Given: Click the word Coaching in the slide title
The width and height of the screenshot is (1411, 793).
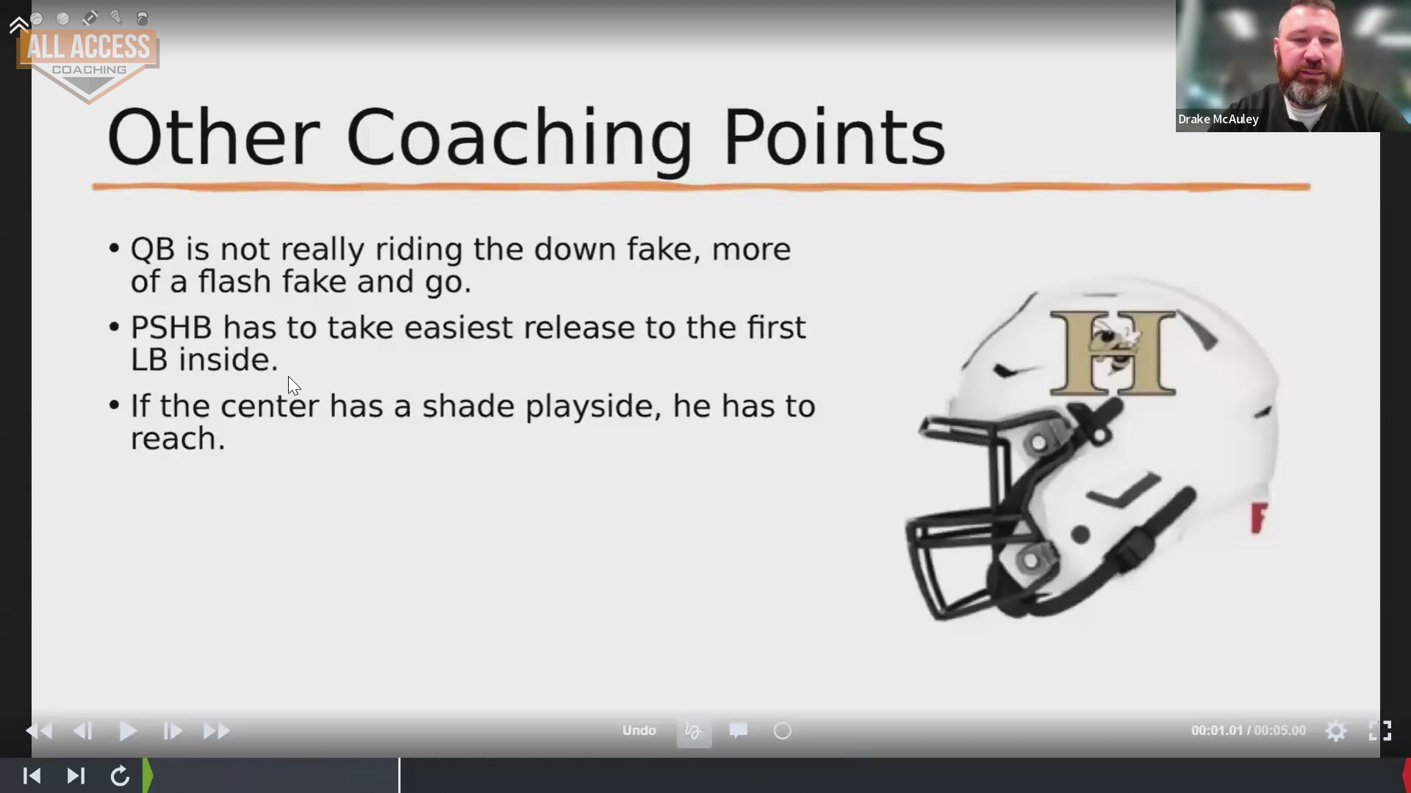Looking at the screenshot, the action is tap(519, 139).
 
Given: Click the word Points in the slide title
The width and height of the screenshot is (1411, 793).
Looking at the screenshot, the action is tap(834, 137).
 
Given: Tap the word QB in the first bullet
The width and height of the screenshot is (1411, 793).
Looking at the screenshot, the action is tap(153, 250).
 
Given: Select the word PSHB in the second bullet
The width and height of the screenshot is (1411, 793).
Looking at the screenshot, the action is tap(171, 327).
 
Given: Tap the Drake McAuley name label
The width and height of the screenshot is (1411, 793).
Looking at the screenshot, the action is tap(1218, 119).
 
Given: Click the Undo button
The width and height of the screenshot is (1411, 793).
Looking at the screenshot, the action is tap(639, 731).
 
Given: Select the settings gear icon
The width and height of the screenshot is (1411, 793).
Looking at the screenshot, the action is tap(1336, 731).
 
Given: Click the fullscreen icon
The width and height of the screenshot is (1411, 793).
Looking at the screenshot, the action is tap(1379, 731).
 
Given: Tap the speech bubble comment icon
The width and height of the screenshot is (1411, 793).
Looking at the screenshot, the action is tap(739, 731).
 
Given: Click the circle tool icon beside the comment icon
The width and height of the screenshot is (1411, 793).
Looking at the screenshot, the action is tap(783, 731).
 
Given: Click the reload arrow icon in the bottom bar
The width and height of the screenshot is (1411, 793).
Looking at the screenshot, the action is tap(120, 776).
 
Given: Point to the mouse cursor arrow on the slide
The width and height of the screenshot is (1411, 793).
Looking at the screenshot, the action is tap(293, 385).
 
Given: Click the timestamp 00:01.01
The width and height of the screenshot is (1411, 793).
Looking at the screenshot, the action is tap(1216, 731).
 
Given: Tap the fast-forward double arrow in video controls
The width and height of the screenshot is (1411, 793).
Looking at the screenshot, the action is tap(216, 731).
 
